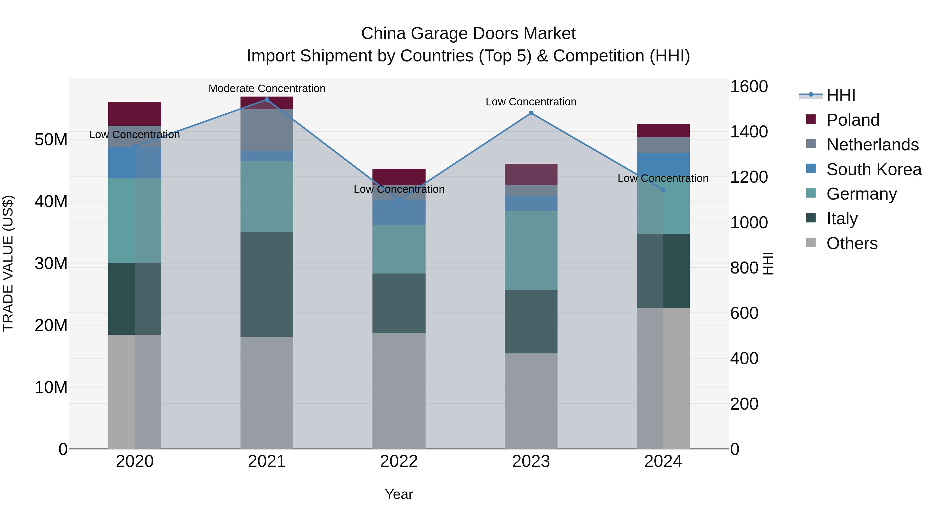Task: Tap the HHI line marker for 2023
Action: click(531, 113)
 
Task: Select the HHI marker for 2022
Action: click(399, 200)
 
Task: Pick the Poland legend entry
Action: click(853, 120)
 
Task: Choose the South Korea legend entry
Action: click(874, 169)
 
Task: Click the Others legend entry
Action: click(852, 243)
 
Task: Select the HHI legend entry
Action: click(841, 95)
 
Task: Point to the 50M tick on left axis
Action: click(51, 140)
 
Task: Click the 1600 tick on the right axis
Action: click(749, 87)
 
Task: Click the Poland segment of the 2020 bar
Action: click(135, 113)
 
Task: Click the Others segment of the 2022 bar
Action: click(399, 391)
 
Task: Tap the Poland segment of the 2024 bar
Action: click(663, 131)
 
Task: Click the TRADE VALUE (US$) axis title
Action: click(8, 263)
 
